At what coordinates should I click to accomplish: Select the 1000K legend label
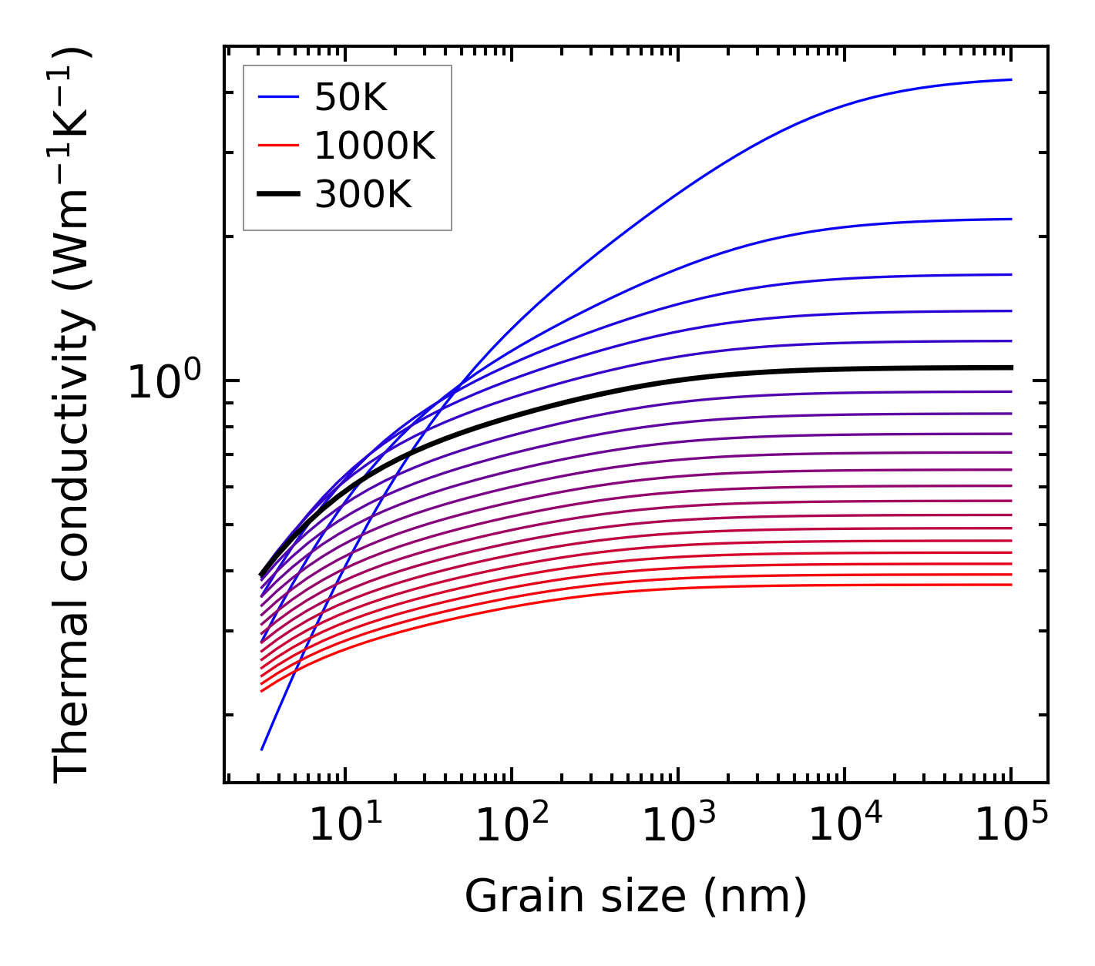click(x=375, y=146)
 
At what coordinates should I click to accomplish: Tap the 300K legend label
click(x=363, y=195)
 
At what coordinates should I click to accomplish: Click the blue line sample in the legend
click(x=277, y=98)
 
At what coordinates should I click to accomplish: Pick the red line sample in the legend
click(x=277, y=146)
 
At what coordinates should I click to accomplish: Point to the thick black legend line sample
click(x=277, y=195)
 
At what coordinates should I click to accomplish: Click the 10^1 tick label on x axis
click(x=345, y=827)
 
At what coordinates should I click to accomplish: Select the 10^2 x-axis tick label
click(x=512, y=827)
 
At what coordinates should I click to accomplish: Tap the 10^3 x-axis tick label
click(x=678, y=827)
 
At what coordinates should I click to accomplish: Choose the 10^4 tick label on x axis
click(x=845, y=827)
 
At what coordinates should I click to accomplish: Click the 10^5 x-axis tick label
click(x=1011, y=827)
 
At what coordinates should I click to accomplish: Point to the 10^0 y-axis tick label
click(x=164, y=382)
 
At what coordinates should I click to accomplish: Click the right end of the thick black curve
click(x=1010, y=367)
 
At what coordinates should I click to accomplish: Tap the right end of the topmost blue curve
click(x=1010, y=79)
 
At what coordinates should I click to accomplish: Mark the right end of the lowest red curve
click(x=1010, y=585)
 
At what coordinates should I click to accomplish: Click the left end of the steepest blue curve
click(x=262, y=749)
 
